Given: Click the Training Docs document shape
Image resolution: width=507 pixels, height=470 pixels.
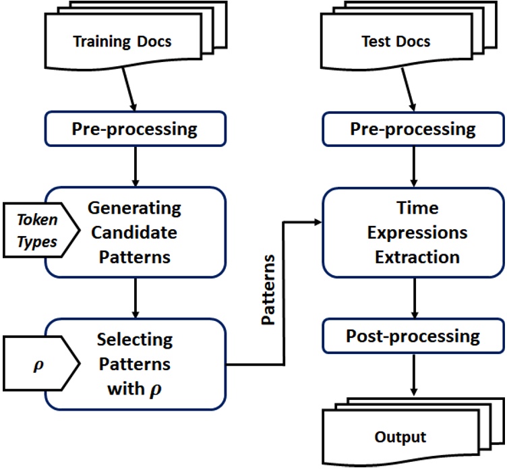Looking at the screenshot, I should (x=121, y=42).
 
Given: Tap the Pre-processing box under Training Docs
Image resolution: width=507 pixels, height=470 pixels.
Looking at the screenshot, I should (x=134, y=129).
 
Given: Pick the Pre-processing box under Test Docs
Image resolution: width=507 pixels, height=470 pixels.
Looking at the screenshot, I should (x=413, y=129).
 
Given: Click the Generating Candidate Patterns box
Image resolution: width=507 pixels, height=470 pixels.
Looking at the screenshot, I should (x=134, y=232).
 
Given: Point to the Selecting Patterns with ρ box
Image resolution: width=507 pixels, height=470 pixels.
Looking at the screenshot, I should (x=134, y=364).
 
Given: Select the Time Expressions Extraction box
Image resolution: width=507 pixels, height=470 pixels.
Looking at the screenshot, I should (x=413, y=232).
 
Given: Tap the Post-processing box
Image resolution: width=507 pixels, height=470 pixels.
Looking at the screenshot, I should (x=413, y=335).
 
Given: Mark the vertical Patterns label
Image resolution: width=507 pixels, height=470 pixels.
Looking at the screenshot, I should (x=270, y=290).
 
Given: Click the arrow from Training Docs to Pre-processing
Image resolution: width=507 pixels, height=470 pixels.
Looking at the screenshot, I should (x=129, y=91).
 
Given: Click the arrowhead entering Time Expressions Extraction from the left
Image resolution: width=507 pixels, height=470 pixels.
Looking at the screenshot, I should (x=317, y=220).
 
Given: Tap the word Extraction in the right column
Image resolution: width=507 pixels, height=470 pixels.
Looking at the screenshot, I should (x=413, y=257).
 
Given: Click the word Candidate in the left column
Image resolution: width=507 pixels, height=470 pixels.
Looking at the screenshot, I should (x=134, y=232).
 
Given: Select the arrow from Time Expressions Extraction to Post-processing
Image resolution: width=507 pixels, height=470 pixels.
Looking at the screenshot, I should (x=413, y=297).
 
